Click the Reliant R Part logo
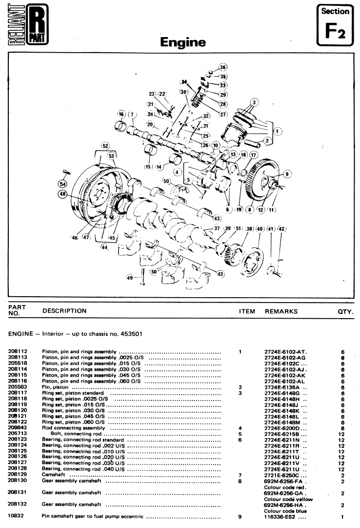[28, 24]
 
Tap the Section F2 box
[335, 25]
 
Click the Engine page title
[183, 42]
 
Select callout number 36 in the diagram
[222, 67]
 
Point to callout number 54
[62, 184]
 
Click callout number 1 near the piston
[277, 131]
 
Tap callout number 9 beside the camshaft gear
[287, 174]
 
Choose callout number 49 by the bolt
[130, 278]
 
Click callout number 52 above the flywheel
[105, 146]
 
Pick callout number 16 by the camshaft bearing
[121, 114]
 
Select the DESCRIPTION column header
[64, 311]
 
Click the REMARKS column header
[281, 311]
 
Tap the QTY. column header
[345, 312]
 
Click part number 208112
[18, 351]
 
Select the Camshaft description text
[53, 475]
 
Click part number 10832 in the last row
[16, 516]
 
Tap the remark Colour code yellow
[288, 499]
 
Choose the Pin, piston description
[55, 387]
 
